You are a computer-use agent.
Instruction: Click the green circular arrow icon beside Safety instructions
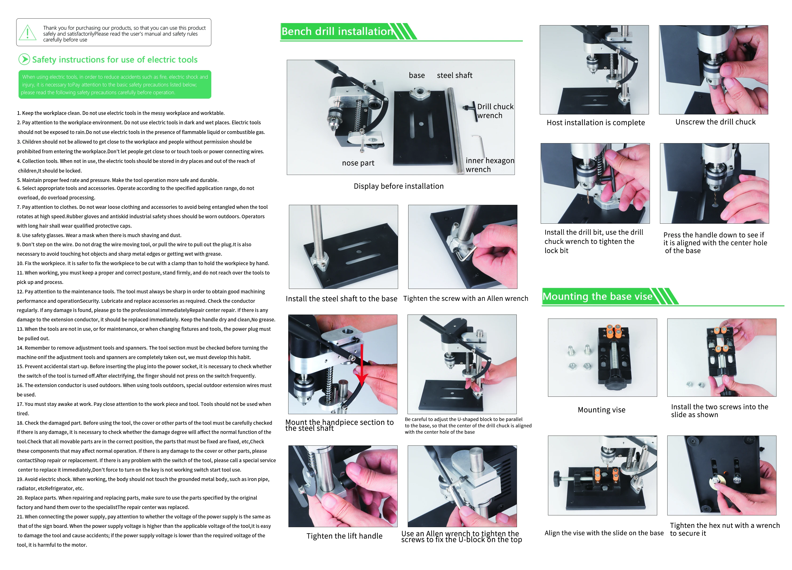(x=24, y=59)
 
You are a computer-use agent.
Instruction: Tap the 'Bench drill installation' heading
(x=337, y=32)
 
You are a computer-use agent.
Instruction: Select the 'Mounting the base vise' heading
(x=597, y=296)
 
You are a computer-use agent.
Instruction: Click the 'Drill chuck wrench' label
(x=495, y=111)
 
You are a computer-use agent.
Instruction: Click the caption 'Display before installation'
(x=398, y=186)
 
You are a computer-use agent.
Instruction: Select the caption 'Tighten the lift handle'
(x=344, y=536)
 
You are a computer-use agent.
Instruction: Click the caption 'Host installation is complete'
(x=596, y=122)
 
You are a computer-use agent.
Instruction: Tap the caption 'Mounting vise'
(x=601, y=410)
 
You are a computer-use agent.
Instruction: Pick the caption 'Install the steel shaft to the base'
(x=341, y=299)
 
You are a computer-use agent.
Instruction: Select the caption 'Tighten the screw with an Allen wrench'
(x=465, y=298)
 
